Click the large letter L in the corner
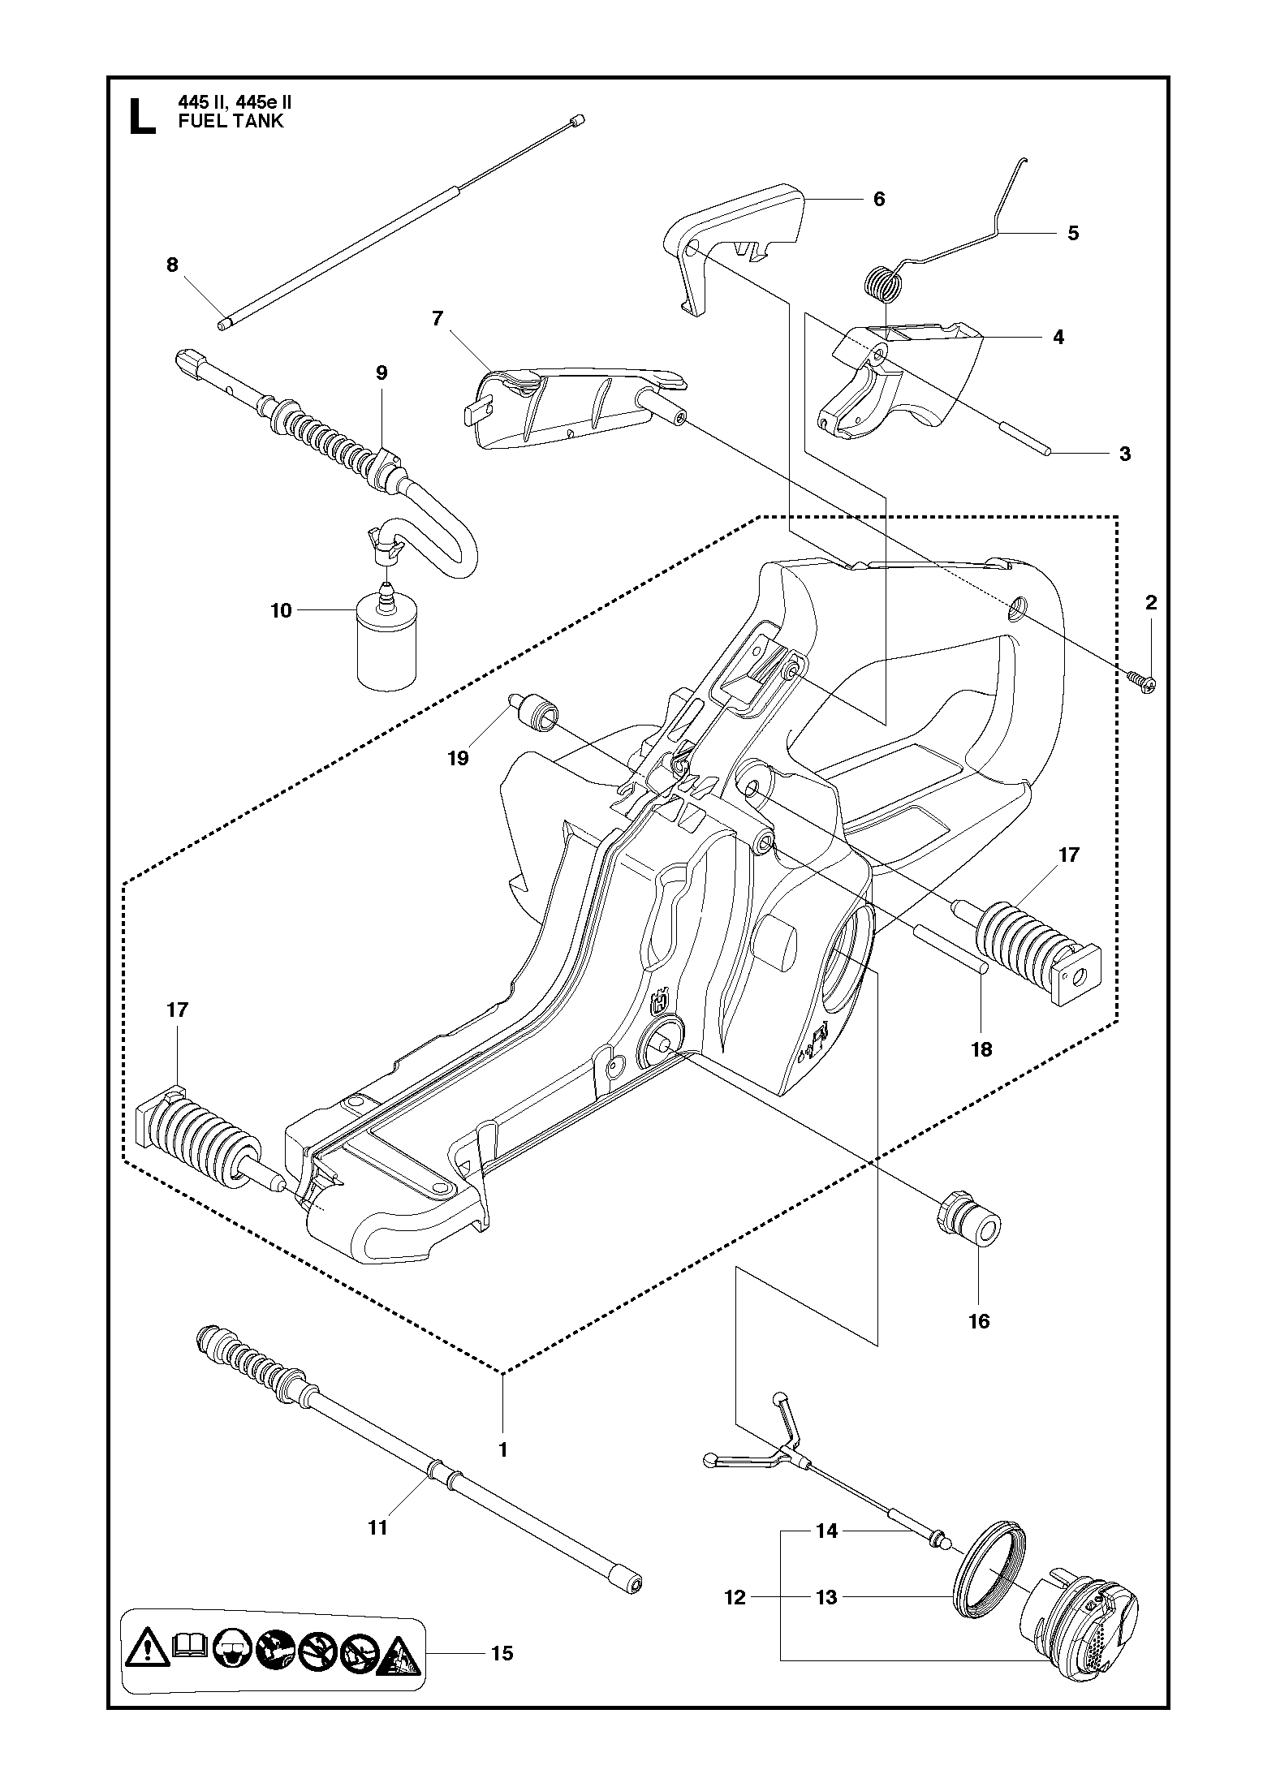tap(143, 116)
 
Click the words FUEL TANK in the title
tap(231, 122)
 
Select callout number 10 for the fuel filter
tap(281, 610)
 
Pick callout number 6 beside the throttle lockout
tap(879, 199)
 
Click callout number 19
tap(459, 758)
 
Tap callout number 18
tap(981, 1049)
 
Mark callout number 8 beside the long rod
tap(172, 265)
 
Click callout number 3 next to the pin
tap(1125, 454)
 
